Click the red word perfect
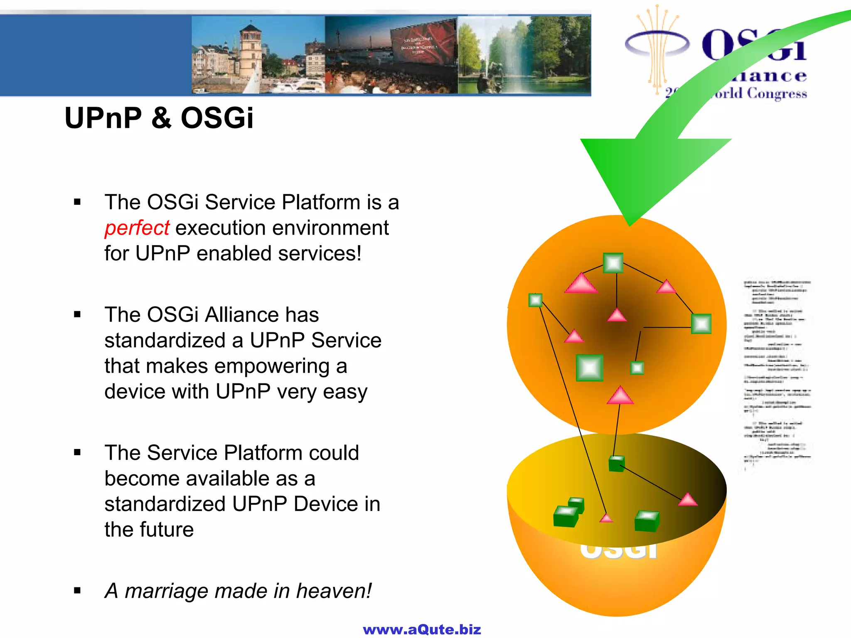(x=137, y=228)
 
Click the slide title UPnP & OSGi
(x=159, y=118)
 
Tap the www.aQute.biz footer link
(x=422, y=629)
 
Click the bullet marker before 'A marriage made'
(x=77, y=590)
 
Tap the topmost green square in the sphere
(x=613, y=263)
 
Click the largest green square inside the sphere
(x=590, y=368)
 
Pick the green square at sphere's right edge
(x=701, y=324)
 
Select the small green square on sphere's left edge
(x=535, y=300)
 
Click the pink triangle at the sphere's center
(x=617, y=316)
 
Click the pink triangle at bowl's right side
(x=688, y=500)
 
